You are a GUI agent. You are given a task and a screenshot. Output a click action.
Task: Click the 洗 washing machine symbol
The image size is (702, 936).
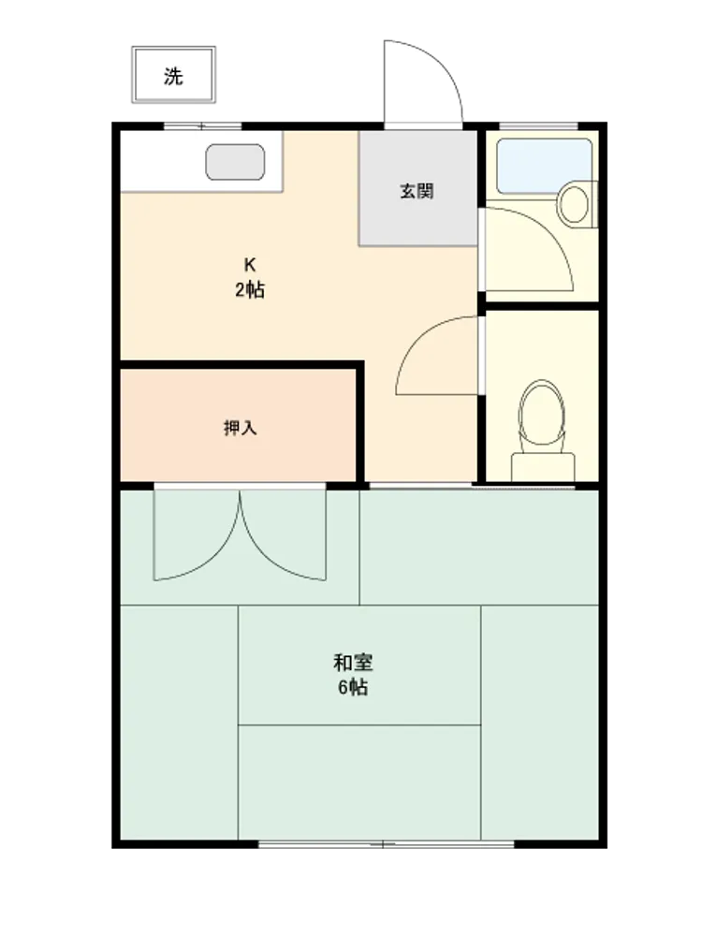tap(173, 75)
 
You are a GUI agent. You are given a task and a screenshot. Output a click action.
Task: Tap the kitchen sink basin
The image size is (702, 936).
tap(235, 162)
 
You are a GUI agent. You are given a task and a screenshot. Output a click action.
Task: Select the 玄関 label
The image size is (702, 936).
tap(417, 192)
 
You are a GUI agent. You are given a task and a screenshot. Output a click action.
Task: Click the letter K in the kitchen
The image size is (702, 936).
tap(250, 264)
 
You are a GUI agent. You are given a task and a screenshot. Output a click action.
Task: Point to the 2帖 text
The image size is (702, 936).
tap(250, 290)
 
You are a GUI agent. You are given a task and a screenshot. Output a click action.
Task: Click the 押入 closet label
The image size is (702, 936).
tap(240, 428)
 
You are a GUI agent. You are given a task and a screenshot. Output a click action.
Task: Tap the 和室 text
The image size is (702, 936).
tap(354, 662)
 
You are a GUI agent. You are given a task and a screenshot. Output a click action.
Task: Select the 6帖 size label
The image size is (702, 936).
tap(354, 688)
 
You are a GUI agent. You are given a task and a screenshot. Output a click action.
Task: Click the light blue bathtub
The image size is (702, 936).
tap(544, 166)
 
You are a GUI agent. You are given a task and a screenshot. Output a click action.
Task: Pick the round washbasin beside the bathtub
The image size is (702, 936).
tap(575, 204)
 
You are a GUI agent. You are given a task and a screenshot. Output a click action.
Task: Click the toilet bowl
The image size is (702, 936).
tap(541, 413)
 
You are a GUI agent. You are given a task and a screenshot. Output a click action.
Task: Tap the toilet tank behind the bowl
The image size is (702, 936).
tap(543, 467)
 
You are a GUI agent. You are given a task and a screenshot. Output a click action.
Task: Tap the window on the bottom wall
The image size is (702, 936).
tap(386, 844)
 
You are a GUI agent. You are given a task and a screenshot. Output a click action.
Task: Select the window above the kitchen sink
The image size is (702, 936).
tap(202, 126)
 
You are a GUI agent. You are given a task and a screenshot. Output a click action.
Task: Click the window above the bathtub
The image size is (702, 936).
tap(538, 126)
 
